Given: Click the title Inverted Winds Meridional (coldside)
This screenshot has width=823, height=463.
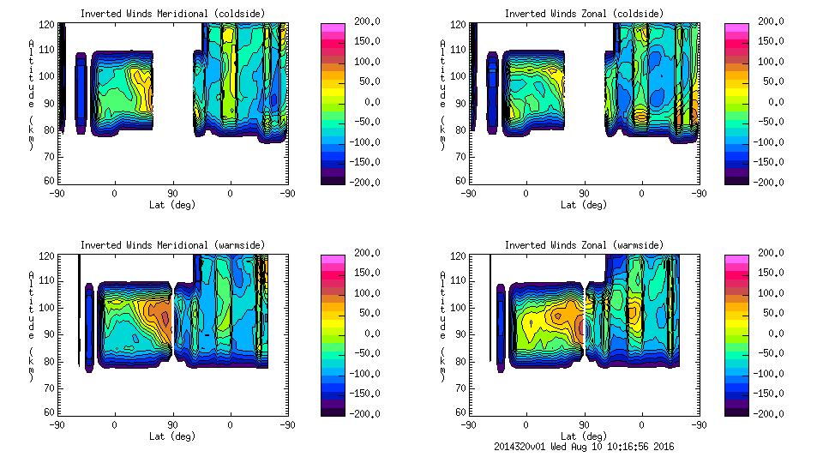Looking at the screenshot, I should coord(171,13).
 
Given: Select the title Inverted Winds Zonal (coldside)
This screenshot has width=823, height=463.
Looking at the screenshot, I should coord(583,13).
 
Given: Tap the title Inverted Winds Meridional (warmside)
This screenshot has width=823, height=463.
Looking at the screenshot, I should coord(171,245).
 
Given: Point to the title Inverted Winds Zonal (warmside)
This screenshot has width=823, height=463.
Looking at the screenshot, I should coord(583,245).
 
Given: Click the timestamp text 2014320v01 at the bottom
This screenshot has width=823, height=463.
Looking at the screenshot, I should coord(521,447).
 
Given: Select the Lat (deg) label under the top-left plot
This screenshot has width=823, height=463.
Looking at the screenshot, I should coord(171,205).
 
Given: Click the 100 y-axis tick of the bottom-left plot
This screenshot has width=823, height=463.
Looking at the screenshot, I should coord(49,307).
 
